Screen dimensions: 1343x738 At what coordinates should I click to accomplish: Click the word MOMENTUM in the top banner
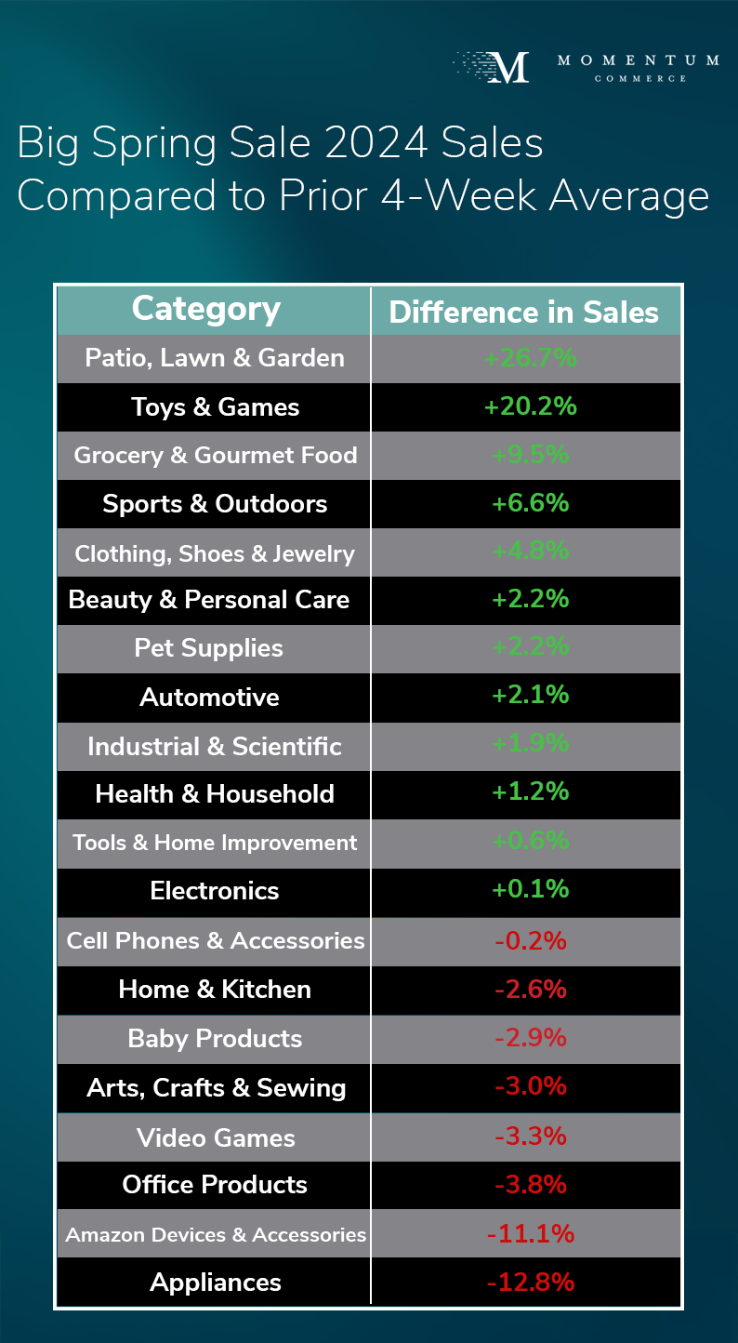pyautogui.click(x=638, y=60)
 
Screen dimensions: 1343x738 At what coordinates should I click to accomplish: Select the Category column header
pyautogui.click(x=206, y=309)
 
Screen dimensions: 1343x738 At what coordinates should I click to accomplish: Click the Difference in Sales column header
pyautogui.click(x=524, y=312)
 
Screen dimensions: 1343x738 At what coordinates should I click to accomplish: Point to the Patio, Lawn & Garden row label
pyautogui.click(x=214, y=358)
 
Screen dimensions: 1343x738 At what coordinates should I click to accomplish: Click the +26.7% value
pyautogui.click(x=530, y=358)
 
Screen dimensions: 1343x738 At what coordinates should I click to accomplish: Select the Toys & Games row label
pyautogui.click(x=215, y=407)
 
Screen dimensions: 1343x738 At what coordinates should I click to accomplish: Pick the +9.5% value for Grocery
pyautogui.click(x=530, y=455)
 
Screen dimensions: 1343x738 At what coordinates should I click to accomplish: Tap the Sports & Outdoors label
pyautogui.click(x=215, y=504)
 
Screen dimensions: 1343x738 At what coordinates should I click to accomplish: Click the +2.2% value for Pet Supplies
pyautogui.click(x=530, y=647)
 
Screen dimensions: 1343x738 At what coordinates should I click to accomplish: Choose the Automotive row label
pyautogui.click(x=209, y=697)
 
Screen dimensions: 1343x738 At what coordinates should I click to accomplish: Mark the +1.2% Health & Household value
pyautogui.click(x=530, y=792)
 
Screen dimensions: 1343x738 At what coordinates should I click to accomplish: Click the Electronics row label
pyautogui.click(x=215, y=891)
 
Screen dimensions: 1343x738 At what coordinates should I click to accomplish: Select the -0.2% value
pyautogui.click(x=530, y=940)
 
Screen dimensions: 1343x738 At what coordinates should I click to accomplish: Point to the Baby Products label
pyautogui.click(x=215, y=1039)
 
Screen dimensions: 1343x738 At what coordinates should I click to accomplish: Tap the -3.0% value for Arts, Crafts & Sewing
pyautogui.click(x=530, y=1086)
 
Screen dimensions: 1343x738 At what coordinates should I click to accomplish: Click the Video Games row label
pyautogui.click(x=216, y=1137)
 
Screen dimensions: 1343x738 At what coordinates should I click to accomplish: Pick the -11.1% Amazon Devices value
pyautogui.click(x=530, y=1234)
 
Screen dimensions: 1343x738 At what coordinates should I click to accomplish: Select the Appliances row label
pyautogui.click(x=216, y=1283)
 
